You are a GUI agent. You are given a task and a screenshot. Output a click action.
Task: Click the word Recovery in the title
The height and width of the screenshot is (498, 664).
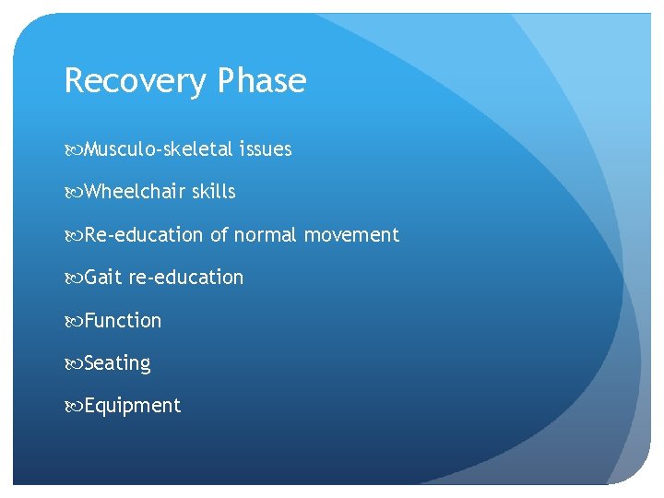point(136,82)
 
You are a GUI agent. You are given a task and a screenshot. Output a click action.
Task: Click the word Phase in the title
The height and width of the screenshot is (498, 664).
point(262,81)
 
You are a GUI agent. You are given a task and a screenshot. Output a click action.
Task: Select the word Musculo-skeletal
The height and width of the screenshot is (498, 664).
point(158,149)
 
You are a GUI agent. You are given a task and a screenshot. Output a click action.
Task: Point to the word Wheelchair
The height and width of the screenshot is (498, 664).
point(135,192)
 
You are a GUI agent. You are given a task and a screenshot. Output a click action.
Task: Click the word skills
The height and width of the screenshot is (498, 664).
point(214,192)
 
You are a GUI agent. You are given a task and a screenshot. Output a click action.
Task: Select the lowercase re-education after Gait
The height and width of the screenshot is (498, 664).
point(186,278)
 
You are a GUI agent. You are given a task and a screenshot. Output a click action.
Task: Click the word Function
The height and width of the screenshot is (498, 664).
point(123,321)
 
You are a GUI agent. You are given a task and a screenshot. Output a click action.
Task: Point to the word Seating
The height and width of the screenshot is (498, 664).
point(117,363)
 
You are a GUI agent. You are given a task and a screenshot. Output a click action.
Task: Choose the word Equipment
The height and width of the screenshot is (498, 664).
point(133,407)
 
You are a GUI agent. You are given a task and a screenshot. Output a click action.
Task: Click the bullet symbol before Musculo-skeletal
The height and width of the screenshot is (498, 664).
point(73,149)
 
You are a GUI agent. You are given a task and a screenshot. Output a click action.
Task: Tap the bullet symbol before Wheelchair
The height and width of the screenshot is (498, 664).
point(73,192)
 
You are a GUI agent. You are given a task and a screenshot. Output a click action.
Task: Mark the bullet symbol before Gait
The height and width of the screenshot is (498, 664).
point(73,278)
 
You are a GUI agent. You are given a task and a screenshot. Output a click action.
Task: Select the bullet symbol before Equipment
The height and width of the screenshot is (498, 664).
point(73,407)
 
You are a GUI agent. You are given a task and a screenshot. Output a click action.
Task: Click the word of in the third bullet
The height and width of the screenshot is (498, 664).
point(219,235)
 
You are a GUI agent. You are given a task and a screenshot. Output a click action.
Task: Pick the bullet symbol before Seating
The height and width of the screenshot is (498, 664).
point(73,363)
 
